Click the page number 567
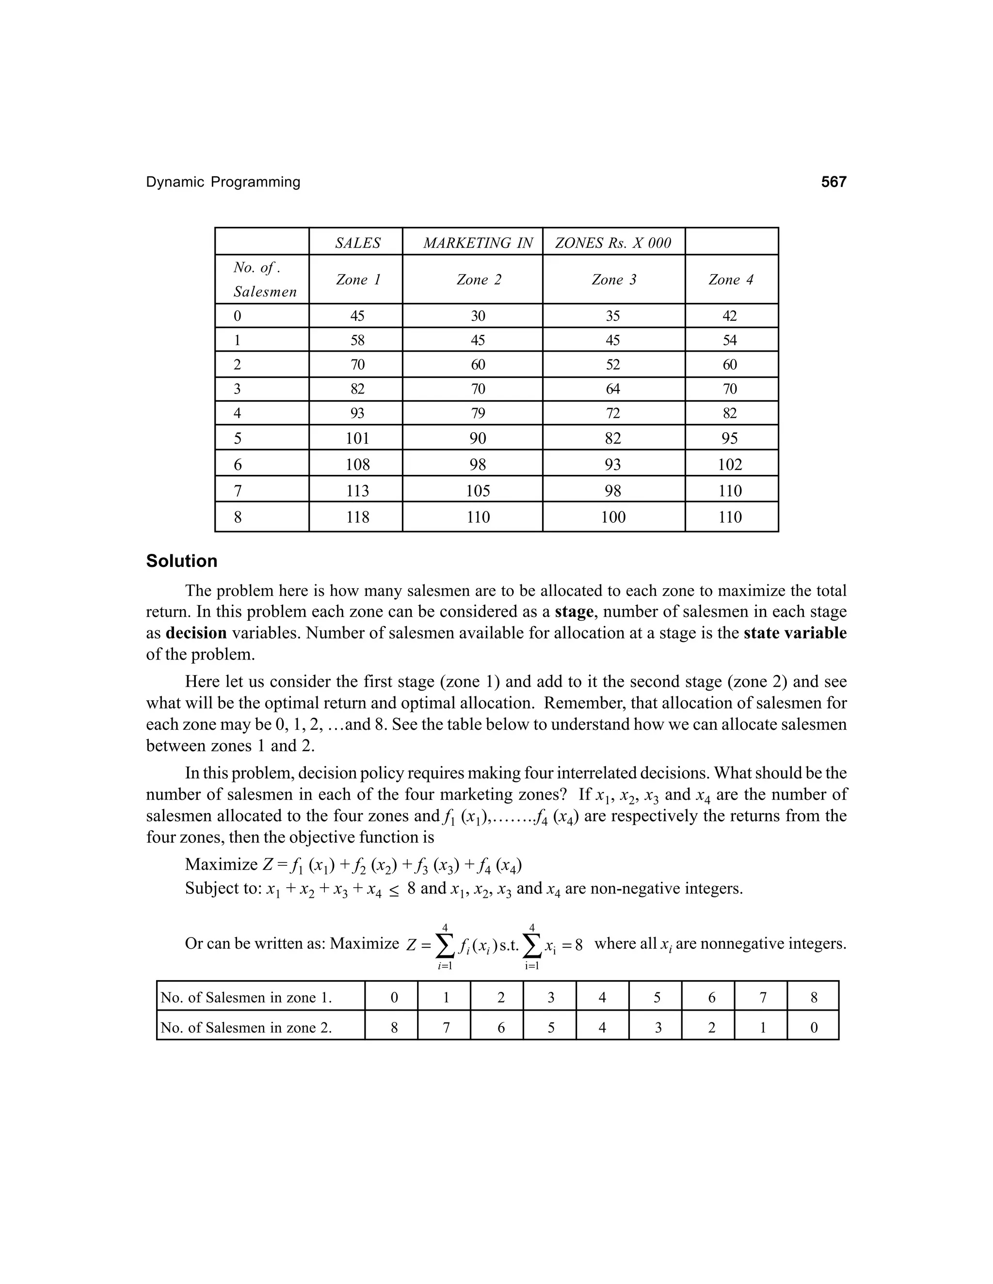[x=833, y=182]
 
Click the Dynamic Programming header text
[x=223, y=182]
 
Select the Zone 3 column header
[x=613, y=280]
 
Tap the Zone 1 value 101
[x=357, y=438]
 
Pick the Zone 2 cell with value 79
[x=478, y=413]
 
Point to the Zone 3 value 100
[x=613, y=517]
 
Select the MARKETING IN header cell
[x=478, y=243]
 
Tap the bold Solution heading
[x=182, y=561]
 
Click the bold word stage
[x=574, y=612]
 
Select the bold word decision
[x=196, y=633]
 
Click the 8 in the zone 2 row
[x=394, y=1028]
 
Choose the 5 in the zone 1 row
[x=657, y=998]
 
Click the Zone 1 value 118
[x=357, y=517]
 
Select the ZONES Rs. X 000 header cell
[x=613, y=243]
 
